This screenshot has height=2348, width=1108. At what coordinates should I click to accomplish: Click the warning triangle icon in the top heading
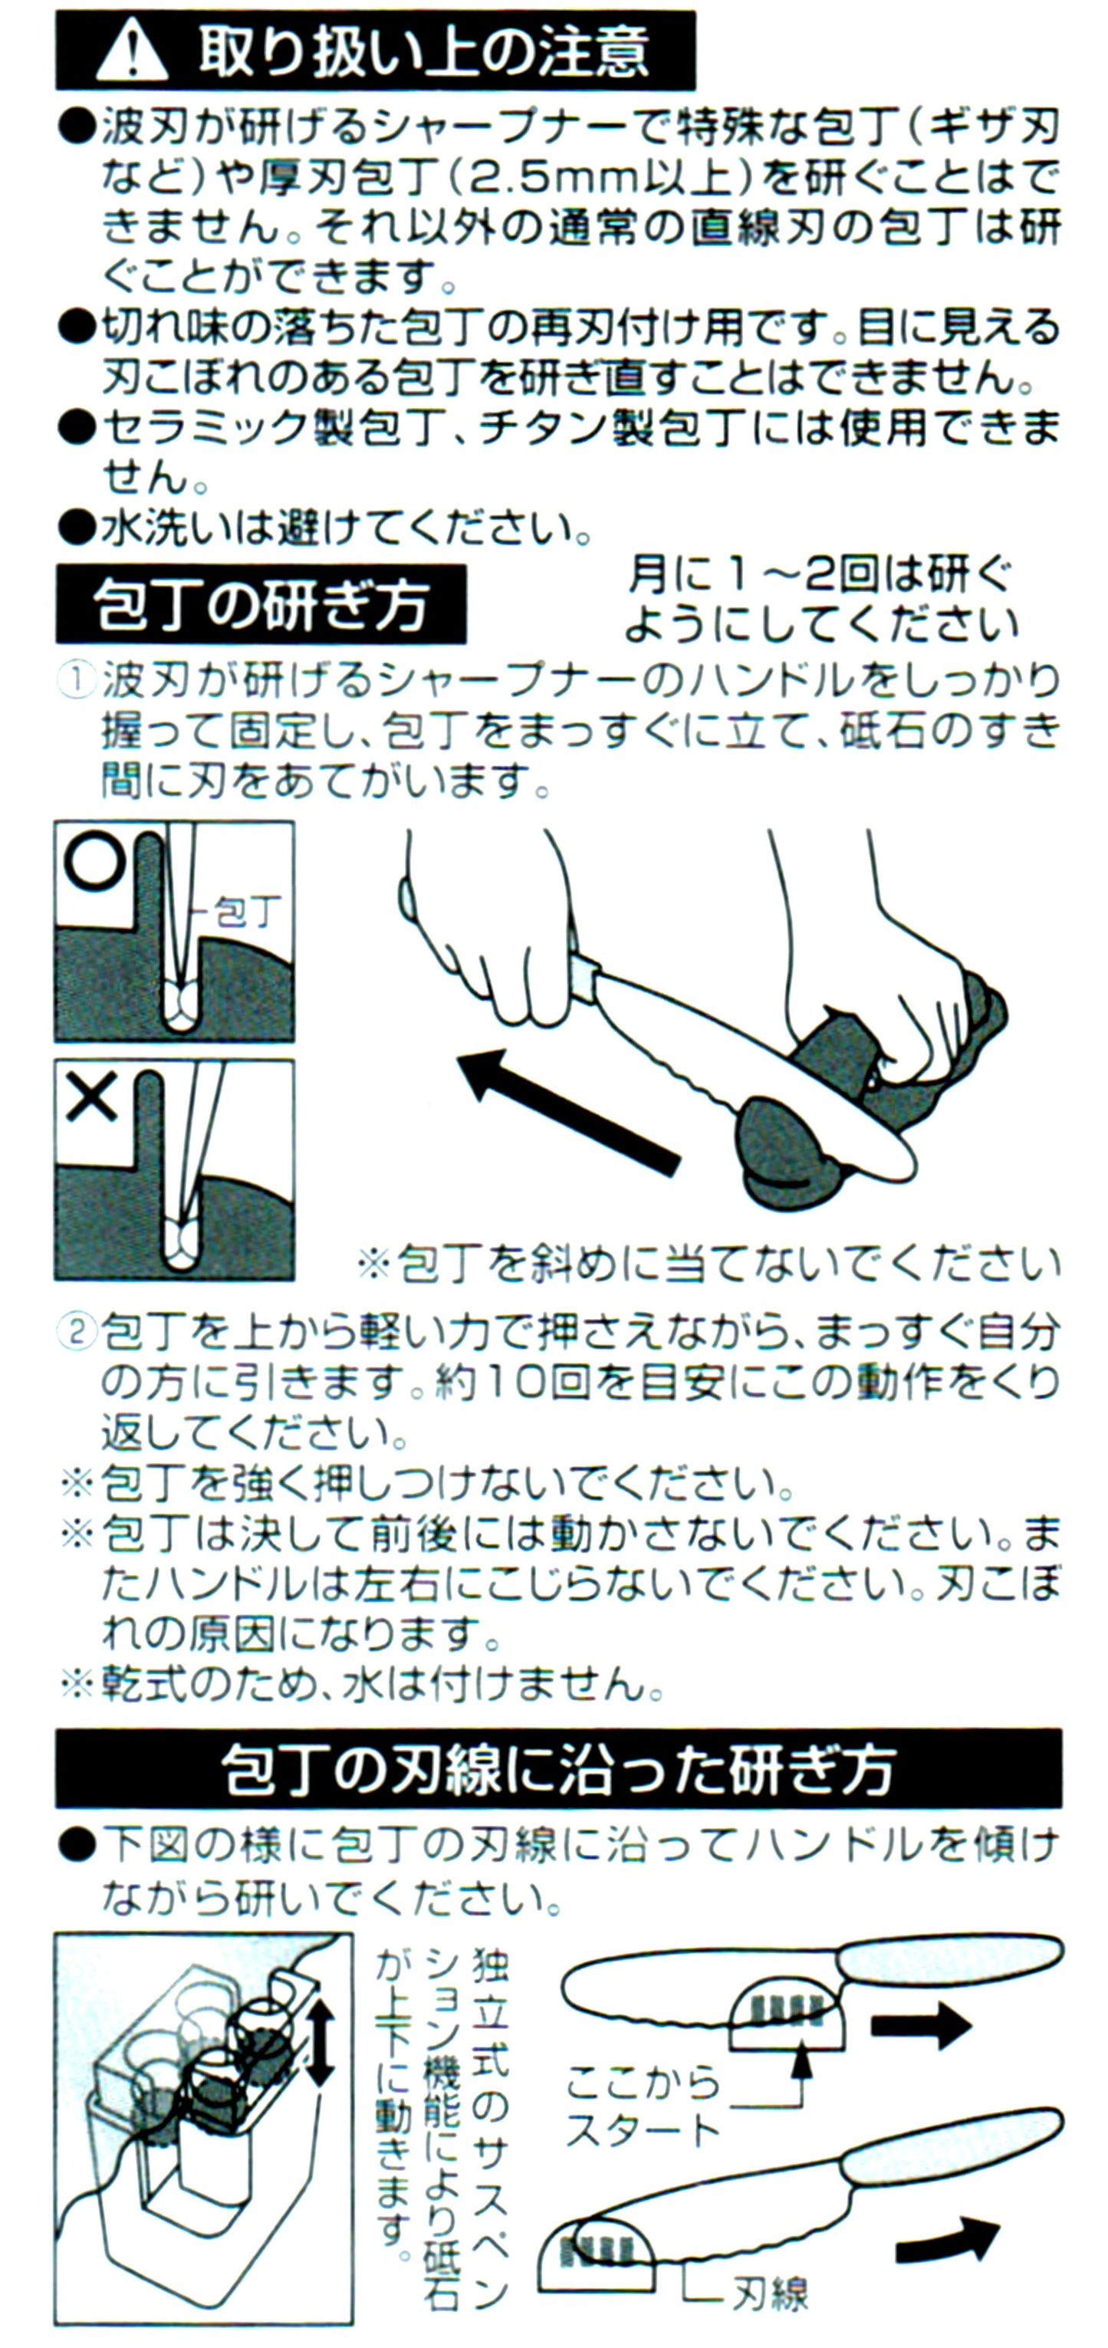tap(131, 53)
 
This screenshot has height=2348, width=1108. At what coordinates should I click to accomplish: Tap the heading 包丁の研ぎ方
tap(261, 604)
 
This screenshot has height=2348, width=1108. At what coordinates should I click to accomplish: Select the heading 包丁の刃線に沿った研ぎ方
tap(558, 1768)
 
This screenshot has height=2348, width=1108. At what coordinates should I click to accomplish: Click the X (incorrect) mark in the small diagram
tap(91, 1097)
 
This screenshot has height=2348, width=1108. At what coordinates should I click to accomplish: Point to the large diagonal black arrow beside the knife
tap(569, 1111)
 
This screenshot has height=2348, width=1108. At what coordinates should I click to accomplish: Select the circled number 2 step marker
tap(77, 1332)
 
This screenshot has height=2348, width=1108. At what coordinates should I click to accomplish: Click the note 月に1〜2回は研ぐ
tap(820, 575)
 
